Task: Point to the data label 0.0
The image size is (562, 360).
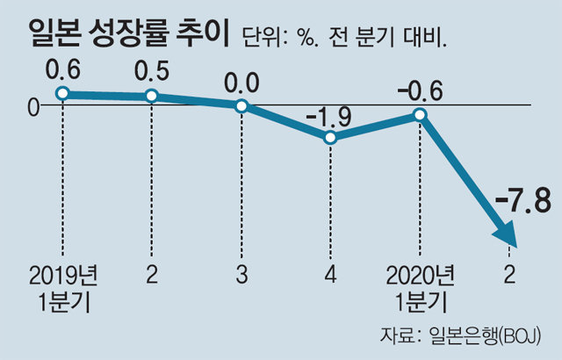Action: (241, 83)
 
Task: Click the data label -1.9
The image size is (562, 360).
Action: (329, 114)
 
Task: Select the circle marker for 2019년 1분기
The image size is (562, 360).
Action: (61, 93)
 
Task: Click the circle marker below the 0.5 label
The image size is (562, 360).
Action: (152, 96)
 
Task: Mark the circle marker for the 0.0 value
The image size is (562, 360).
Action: (241, 106)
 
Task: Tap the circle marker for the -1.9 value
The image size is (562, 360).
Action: (330, 137)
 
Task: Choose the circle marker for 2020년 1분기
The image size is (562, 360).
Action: (421, 115)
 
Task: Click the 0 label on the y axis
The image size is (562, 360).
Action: (32, 106)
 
